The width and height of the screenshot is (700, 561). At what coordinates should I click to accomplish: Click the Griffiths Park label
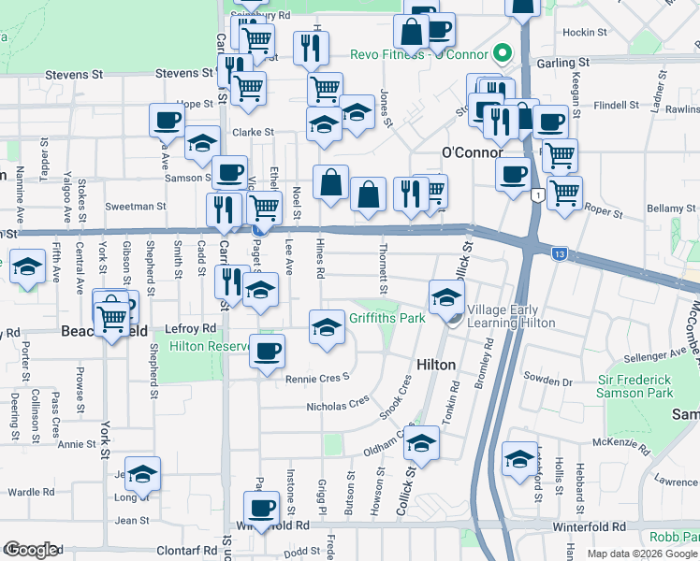pyautogui.click(x=387, y=318)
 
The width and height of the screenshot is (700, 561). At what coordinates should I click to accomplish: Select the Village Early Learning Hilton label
pyautogui.click(x=511, y=316)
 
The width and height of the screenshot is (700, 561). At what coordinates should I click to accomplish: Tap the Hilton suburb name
pyautogui.click(x=436, y=365)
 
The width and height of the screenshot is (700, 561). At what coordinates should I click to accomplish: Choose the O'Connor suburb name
pyautogui.click(x=472, y=152)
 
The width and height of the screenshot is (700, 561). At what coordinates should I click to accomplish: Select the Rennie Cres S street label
pyautogui.click(x=317, y=377)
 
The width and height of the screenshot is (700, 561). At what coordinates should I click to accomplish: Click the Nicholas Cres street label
pyautogui.click(x=338, y=406)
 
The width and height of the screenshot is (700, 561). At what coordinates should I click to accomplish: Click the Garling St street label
pyautogui.click(x=561, y=63)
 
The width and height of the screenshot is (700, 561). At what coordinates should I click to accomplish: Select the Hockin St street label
pyautogui.click(x=585, y=32)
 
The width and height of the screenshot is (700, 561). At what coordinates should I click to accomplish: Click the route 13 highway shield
pyautogui.click(x=558, y=253)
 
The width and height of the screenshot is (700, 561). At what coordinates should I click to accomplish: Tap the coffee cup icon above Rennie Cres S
pyautogui.click(x=267, y=352)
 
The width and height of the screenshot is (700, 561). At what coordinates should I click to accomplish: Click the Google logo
pyautogui.click(x=31, y=550)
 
